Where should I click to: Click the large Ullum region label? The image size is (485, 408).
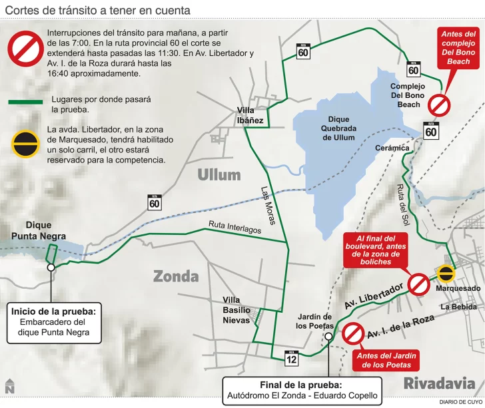coord(219,176)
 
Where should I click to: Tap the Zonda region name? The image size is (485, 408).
coord(176,276)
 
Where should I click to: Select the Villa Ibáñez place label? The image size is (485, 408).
coord(250,116)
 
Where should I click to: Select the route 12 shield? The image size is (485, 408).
coord(290,357)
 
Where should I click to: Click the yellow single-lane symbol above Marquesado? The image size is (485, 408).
coord(446,273)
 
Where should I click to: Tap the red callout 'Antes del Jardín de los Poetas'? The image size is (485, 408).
coord(386,360)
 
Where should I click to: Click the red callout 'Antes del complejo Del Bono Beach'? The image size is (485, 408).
coord(459,47)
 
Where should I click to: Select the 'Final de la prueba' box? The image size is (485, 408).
coord(302,391)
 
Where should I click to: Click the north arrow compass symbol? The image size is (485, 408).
coord(9,386)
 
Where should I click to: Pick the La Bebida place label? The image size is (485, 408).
coord(458,307)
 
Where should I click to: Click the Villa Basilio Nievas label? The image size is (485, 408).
coord(237,310)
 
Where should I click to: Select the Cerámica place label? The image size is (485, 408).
coord(390,148)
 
